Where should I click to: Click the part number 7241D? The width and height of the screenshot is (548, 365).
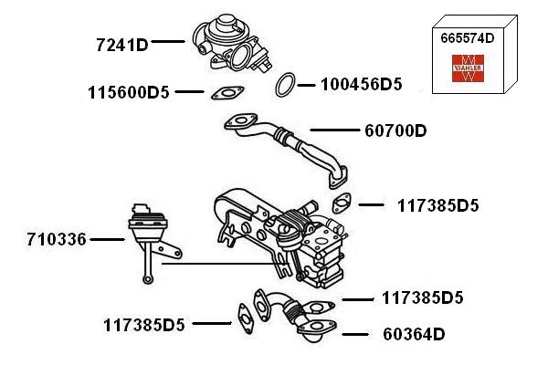point(121,43)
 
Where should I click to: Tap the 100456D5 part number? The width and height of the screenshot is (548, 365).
point(362,85)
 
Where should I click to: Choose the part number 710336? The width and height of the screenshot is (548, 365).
point(57,240)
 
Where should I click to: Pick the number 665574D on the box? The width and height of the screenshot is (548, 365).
point(468,38)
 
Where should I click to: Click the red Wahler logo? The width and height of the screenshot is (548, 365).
point(468,68)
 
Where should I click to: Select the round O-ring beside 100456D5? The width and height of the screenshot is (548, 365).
point(285,85)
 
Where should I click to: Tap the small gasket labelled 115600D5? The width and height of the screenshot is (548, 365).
point(226,92)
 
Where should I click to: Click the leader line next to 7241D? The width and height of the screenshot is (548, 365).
point(169,42)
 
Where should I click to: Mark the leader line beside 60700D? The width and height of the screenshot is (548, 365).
point(329,130)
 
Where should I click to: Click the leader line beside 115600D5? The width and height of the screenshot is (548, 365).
point(189,92)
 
